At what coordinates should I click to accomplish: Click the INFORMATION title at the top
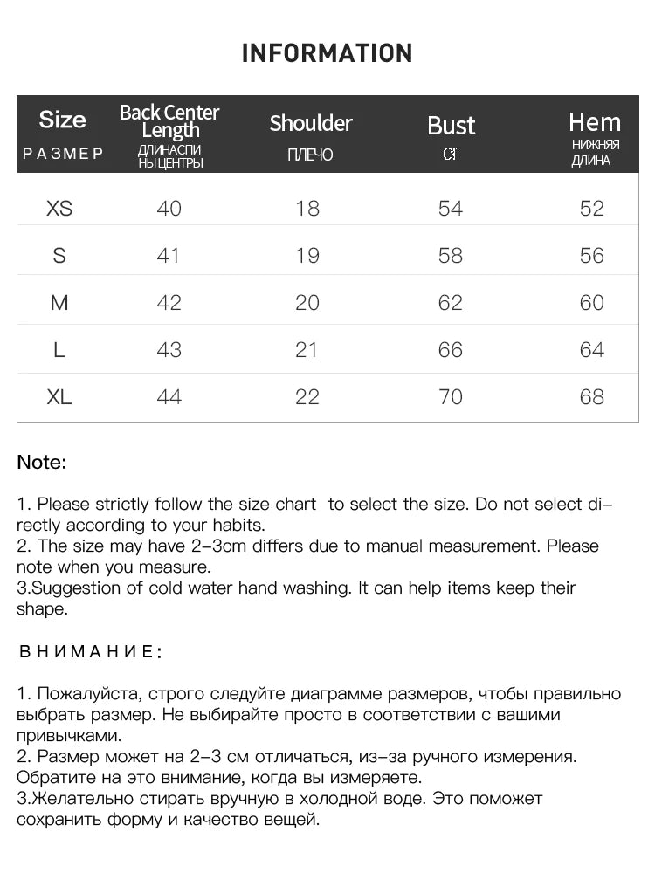(x=327, y=53)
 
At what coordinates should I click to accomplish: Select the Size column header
(x=63, y=120)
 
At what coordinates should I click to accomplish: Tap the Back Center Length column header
(x=169, y=121)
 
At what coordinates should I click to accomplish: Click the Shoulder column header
(x=311, y=123)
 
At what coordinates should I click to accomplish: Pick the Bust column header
(x=451, y=126)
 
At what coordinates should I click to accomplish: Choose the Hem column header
(x=595, y=122)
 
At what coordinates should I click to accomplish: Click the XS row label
(x=59, y=209)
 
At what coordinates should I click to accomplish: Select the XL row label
(x=59, y=397)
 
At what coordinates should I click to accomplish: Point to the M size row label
(x=59, y=303)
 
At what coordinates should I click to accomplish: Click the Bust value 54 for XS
(x=451, y=209)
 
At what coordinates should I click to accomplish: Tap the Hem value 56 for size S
(x=592, y=256)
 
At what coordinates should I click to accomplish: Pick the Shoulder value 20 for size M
(x=307, y=303)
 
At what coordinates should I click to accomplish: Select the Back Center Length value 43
(x=169, y=350)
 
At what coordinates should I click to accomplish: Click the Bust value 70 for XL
(x=451, y=397)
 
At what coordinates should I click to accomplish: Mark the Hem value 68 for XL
(x=592, y=397)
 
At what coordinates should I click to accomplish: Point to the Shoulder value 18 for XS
(x=307, y=209)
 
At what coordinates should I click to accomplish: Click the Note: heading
(x=42, y=463)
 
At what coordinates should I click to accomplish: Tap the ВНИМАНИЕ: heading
(x=90, y=651)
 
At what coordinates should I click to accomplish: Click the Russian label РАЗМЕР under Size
(x=63, y=154)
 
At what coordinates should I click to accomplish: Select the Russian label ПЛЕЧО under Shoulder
(x=310, y=155)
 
